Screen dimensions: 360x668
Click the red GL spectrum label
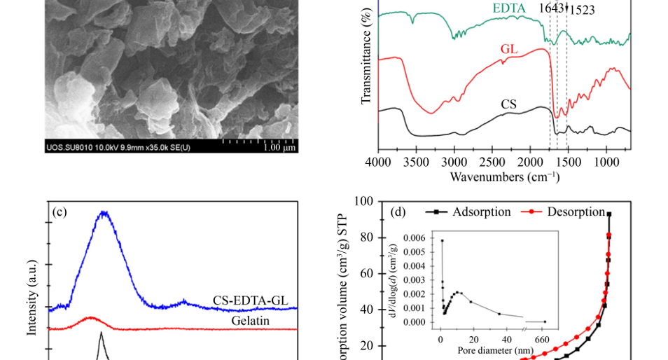coord(509,50)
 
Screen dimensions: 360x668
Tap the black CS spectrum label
coord(508,104)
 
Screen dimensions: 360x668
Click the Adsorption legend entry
coord(473,212)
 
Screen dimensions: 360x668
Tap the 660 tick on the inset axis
coord(542,338)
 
